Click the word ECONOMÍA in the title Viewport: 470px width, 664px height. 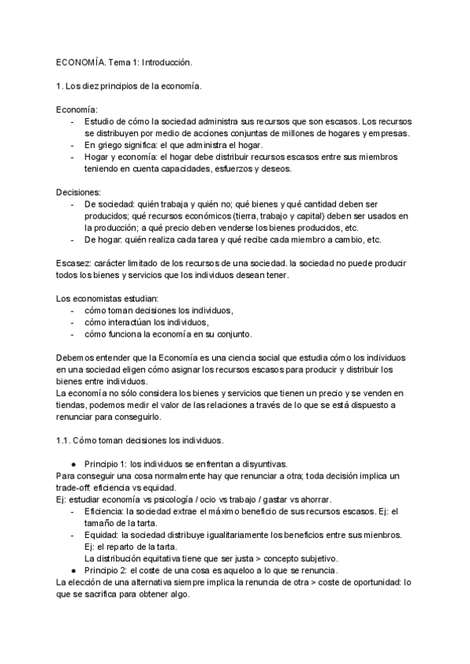coord(80,60)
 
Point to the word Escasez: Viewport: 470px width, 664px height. coord(75,263)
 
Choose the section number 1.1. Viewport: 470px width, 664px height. coord(66,440)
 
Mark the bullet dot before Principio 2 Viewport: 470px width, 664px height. coord(73,570)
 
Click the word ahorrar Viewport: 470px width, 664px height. coord(314,500)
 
